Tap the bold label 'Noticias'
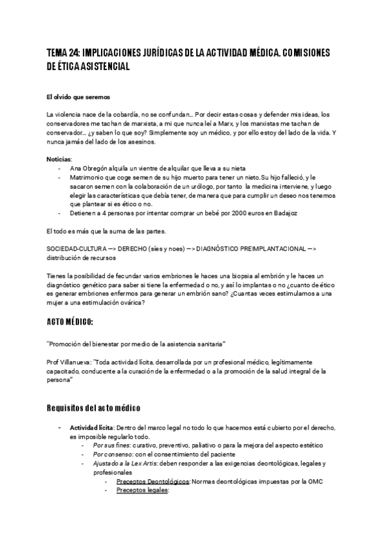coord(59,159)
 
